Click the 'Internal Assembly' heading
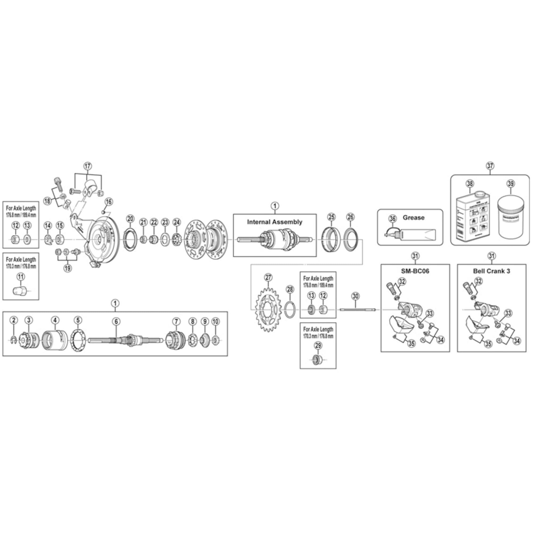click(x=274, y=222)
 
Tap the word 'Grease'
click(x=413, y=217)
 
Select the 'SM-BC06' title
click(x=415, y=271)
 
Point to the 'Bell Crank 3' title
click(x=491, y=271)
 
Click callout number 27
click(x=268, y=277)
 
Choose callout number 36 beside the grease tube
click(x=392, y=219)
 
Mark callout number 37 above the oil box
click(x=490, y=166)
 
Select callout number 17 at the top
click(x=87, y=166)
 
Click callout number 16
click(x=109, y=202)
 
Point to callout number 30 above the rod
click(x=355, y=296)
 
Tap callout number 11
click(x=21, y=276)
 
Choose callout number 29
click(x=318, y=345)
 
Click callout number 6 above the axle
click(x=116, y=321)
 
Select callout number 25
click(x=331, y=217)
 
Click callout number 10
click(x=215, y=321)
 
